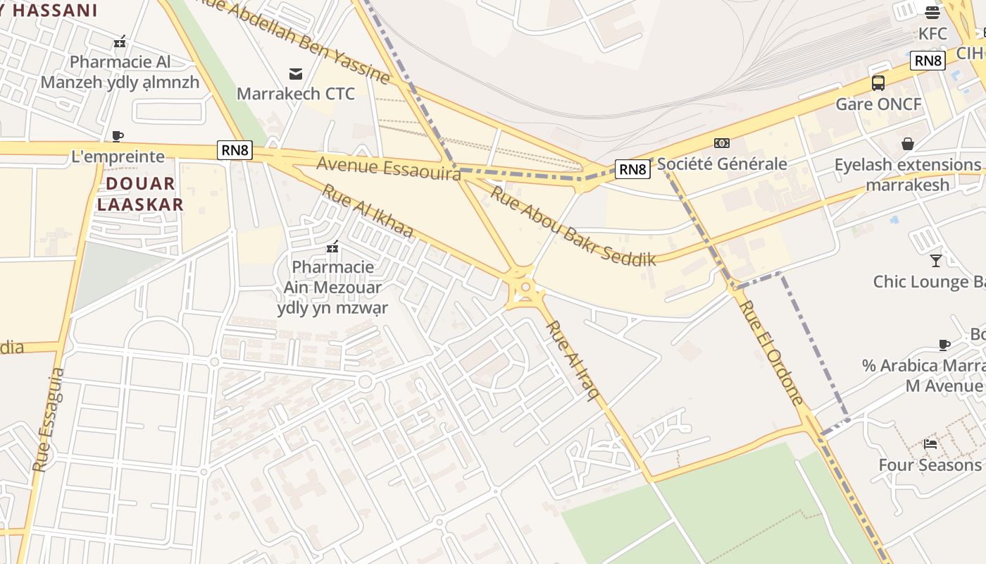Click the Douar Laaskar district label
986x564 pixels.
(x=140, y=194)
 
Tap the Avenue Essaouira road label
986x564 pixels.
(x=388, y=168)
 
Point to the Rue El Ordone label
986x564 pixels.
(x=772, y=352)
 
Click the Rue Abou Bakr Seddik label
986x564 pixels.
(x=573, y=226)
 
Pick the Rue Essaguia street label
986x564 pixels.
(x=49, y=419)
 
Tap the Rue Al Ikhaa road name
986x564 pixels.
(x=368, y=211)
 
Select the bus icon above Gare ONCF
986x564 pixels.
(x=878, y=83)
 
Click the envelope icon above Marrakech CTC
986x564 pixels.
(x=296, y=74)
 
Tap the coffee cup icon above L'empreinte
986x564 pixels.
(x=118, y=136)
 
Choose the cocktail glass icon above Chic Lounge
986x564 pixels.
(x=935, y=261)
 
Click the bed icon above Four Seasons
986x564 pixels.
(x=930, y=444)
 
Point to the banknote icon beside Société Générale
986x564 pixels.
(x=721, y=143)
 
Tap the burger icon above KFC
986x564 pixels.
(x=932, y=12)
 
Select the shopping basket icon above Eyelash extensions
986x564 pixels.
(x=908, y=144)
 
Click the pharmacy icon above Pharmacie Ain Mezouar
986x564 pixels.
(x=332, y=247)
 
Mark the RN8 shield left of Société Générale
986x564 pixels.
(x=632, y=169)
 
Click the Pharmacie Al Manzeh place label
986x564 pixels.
(x=120, y=72)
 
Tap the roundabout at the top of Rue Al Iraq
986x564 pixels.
(x=525, y=287)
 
